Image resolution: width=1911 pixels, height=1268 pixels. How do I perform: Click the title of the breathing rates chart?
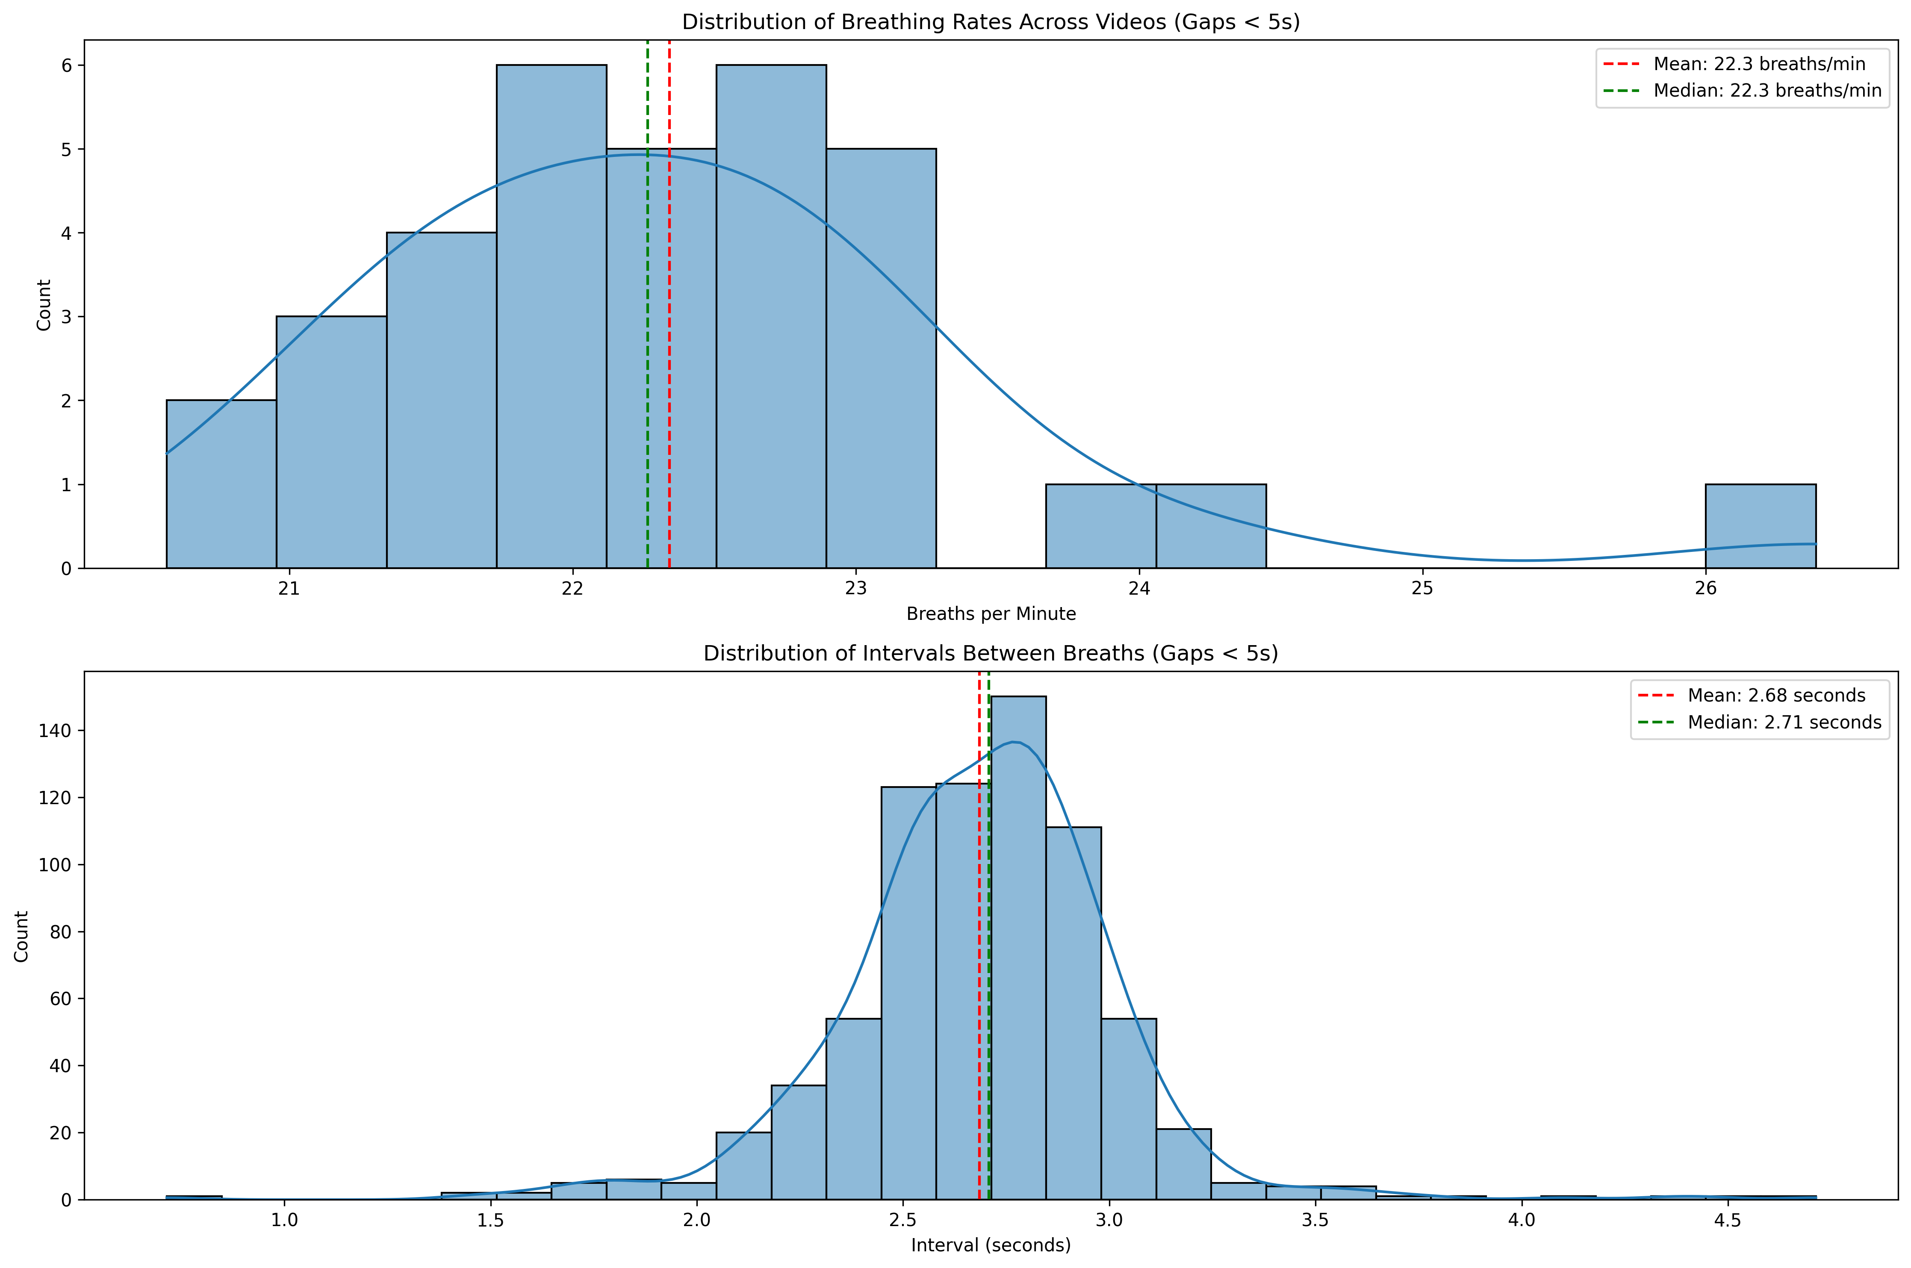[991, 22]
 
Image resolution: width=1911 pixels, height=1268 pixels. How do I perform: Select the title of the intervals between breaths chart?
[991, 653]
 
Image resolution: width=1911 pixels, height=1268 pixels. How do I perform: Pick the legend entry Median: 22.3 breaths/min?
[1767, 91]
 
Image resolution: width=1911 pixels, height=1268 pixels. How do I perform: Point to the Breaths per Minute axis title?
[991, 614]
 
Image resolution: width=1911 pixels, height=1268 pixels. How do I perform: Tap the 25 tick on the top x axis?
[1422, 589]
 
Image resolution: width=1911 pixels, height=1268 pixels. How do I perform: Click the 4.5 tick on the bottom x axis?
[1728, 1220]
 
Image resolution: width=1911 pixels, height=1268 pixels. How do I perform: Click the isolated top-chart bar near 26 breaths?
[1761, 526]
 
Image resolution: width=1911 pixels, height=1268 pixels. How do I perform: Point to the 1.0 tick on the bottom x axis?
[284, 1220]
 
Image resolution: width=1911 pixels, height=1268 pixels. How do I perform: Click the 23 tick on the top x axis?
[855, 589]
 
